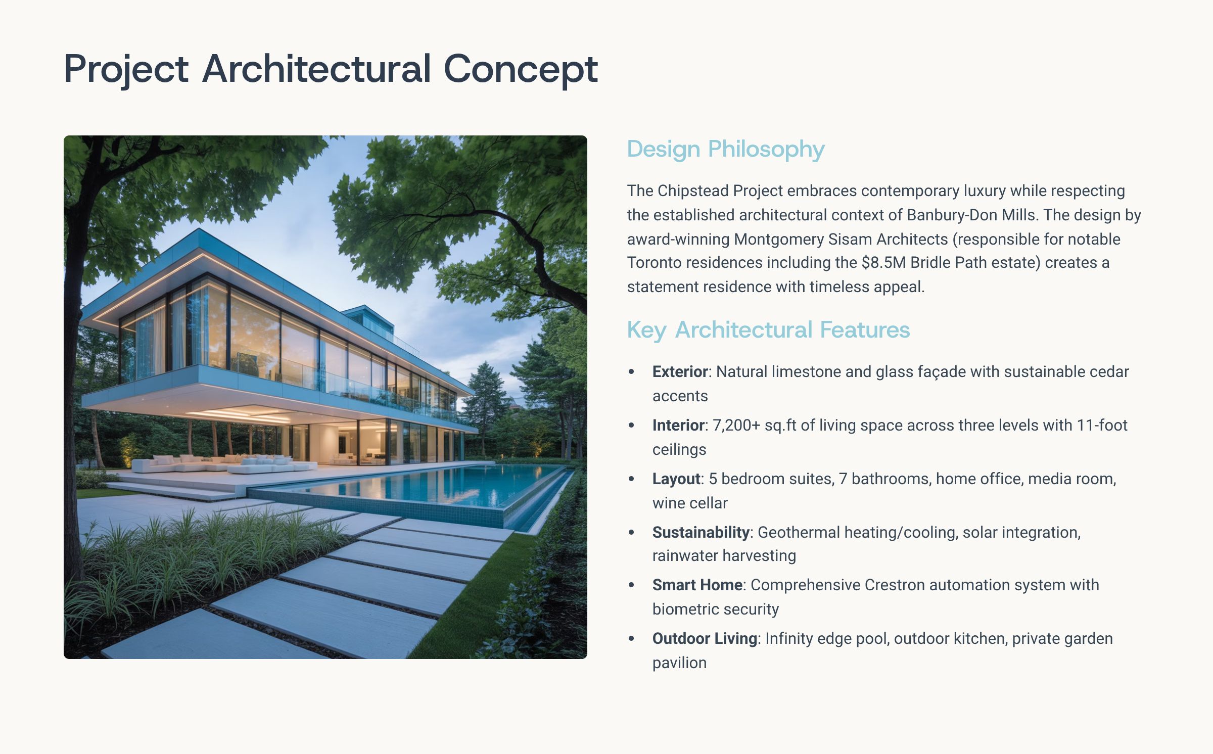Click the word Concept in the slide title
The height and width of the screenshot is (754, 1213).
[x=521, y=69]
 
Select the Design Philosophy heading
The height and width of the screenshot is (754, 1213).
[x=726, y=150]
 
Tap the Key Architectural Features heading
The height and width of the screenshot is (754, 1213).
[x=768, y=331]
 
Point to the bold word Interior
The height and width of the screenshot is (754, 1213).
[x=678, y=426]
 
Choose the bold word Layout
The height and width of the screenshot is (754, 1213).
[x=676, y=479]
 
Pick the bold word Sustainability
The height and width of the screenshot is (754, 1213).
[x=701, y=533]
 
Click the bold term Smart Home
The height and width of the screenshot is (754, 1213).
[x=697, y=585]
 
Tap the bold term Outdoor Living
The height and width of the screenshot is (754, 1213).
[x=705, y=639]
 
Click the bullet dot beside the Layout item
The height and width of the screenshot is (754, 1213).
[x=631, y=479]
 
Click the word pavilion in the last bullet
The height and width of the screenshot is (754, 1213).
[x=679, y=663]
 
